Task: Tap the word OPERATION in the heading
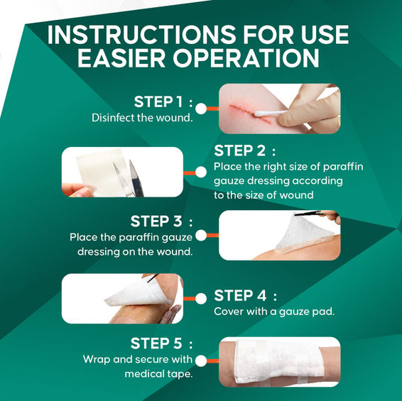coord(246,58)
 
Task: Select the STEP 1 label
coord(163,101)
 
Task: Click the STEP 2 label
coord(245,150)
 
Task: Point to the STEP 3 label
coord(161,221)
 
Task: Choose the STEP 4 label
coord(245,295)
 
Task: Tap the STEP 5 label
coord(161,344)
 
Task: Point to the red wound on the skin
coord(249,114)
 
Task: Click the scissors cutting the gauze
coord(128,178)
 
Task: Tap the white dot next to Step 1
coord(201,109)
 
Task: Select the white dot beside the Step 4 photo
coord(201,299)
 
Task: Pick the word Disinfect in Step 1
coord(113,118)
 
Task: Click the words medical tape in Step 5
coord(158,374)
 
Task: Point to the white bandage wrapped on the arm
coord(278,361)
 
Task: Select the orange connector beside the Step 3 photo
coord(212,235)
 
